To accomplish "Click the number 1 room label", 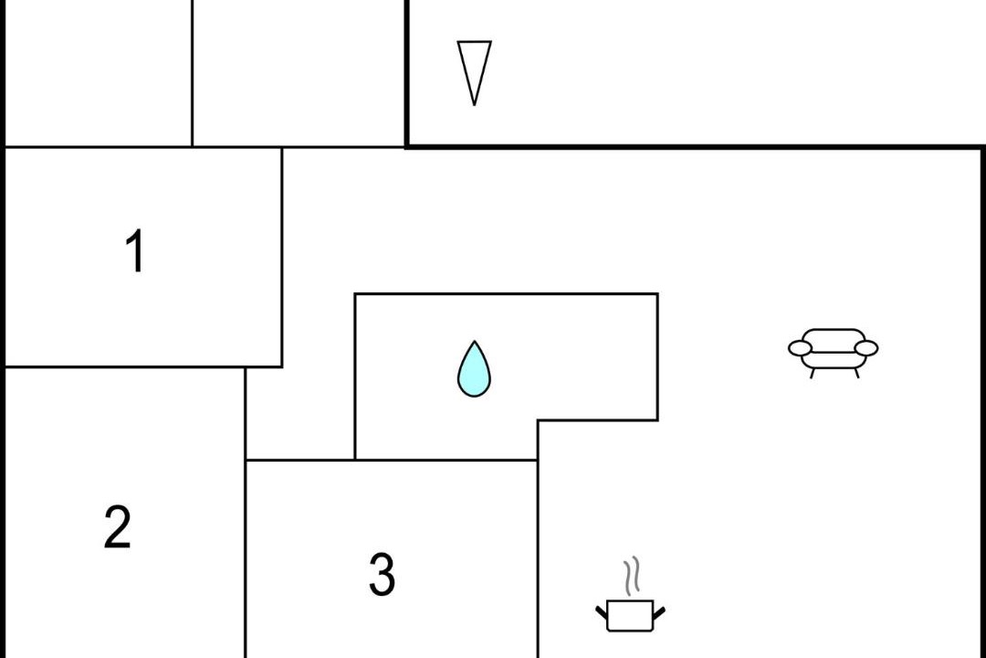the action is pos(134,250).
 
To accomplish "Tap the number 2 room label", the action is pos(118,526).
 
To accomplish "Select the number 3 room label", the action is pos(382,574).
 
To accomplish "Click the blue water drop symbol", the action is pos(474,369).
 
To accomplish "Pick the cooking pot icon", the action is pos(630,594).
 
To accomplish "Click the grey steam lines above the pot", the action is pos(632,576).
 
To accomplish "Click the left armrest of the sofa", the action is pos(800,348).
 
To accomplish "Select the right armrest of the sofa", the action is pos(866,348).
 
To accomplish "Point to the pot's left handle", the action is pos(602,612).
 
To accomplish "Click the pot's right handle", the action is pos(659,612).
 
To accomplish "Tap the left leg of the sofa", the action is pos(813,374).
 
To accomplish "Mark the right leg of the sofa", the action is pos(856,374).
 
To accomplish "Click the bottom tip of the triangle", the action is pos(474,105).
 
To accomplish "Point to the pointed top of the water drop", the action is pos(474,341).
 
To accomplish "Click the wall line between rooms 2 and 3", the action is pos(246,559).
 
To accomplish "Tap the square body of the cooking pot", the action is pos(630,616).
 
